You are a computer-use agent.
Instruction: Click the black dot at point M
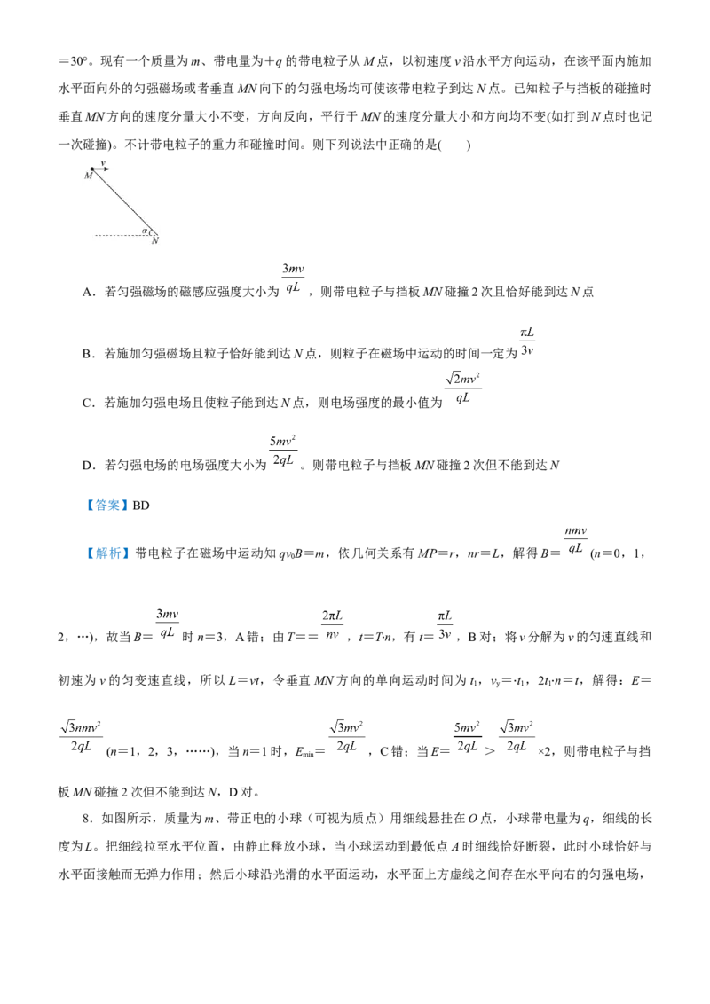click(91, 169)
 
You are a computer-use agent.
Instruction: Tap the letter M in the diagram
click(88, 176)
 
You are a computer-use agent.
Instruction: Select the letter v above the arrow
click(103, 163)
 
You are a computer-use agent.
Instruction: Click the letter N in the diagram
click(155, 240)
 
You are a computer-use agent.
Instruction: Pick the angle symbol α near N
click(144, 231)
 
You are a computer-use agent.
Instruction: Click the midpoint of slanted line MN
click(124, 202)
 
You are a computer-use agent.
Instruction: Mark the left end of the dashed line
click(96, 235)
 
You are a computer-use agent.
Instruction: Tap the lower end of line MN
click(157, 234)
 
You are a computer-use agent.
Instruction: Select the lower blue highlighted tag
click(109, 553)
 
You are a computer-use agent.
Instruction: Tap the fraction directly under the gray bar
click(528, 341)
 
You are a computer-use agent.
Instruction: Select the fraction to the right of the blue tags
click(576, 537)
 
